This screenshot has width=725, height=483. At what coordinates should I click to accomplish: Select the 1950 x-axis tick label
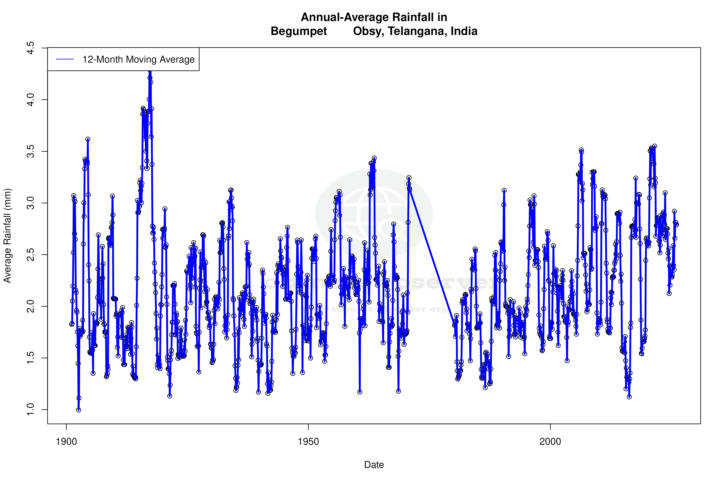point(308,442)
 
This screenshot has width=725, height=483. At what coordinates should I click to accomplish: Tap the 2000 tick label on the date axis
point(550,442)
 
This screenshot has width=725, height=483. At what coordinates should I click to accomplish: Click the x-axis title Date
point(374,465)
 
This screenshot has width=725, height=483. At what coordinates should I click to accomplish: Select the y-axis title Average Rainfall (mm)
point(7,236)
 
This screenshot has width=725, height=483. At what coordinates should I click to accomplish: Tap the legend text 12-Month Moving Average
point(138,60)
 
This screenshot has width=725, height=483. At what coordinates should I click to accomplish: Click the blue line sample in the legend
point(65,60)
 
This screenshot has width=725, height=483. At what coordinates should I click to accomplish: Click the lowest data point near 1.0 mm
point(79,410)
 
